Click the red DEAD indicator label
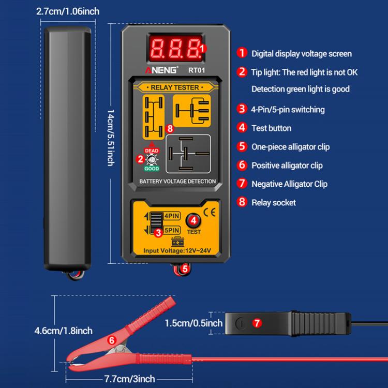pos(152,150)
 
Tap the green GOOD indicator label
pos(152,169)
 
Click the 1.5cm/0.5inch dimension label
pos(193,323)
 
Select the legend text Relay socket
pos(274,202)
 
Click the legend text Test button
pos(271,128)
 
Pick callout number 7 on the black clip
pos(256,323)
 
